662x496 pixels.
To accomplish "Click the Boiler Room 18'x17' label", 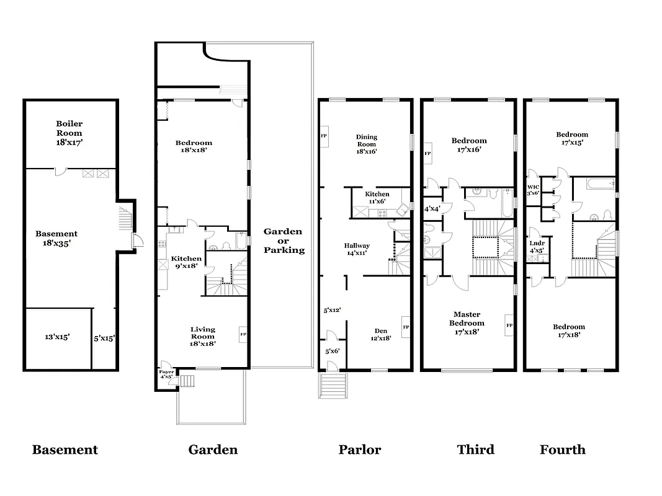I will pyautogui.click(x=69, y=133).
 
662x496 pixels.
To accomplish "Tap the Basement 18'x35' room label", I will pyautogui.click(x=56, y=239).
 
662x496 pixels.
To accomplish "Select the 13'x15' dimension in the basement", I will pyautogui.click(x=56, y=337).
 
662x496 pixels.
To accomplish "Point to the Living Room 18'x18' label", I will pyautogui.click(x=202, y=336).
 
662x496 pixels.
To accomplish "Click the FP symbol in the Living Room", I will pyautogui.click(x=243, y=334).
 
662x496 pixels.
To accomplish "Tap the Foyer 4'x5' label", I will pyautogui.click(x=166, y=374).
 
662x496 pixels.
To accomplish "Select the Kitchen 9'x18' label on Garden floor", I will pyautogui.click(x=186, y=262).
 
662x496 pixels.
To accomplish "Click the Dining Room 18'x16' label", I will pyautogui.click(x=367, y=144).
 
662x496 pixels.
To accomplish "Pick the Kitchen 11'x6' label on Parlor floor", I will pyautogui.click(x=377, y=198).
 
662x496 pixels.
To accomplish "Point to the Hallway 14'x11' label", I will pyautogui.click(x=357, y=249).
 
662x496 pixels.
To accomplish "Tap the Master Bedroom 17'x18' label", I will pyautogui.click(x=468, y=323).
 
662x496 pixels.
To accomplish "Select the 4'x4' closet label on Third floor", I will pyautogui.click(x=432, y=208).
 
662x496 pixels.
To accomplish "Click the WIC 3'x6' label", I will pyautogui.click(x=534, y=190).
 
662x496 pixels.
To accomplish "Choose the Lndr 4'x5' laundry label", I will pyautogui.click(x=537, y=247).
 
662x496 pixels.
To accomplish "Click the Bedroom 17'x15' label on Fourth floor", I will pyautogui.click(x=571, y=138).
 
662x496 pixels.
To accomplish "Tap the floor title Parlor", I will pyautogui.click(x=359, y=449).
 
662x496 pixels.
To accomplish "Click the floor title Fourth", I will pyautogui.click(x=562, y=449).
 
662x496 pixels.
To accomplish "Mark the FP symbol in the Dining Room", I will pyautogui.click(x=324, y=135).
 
